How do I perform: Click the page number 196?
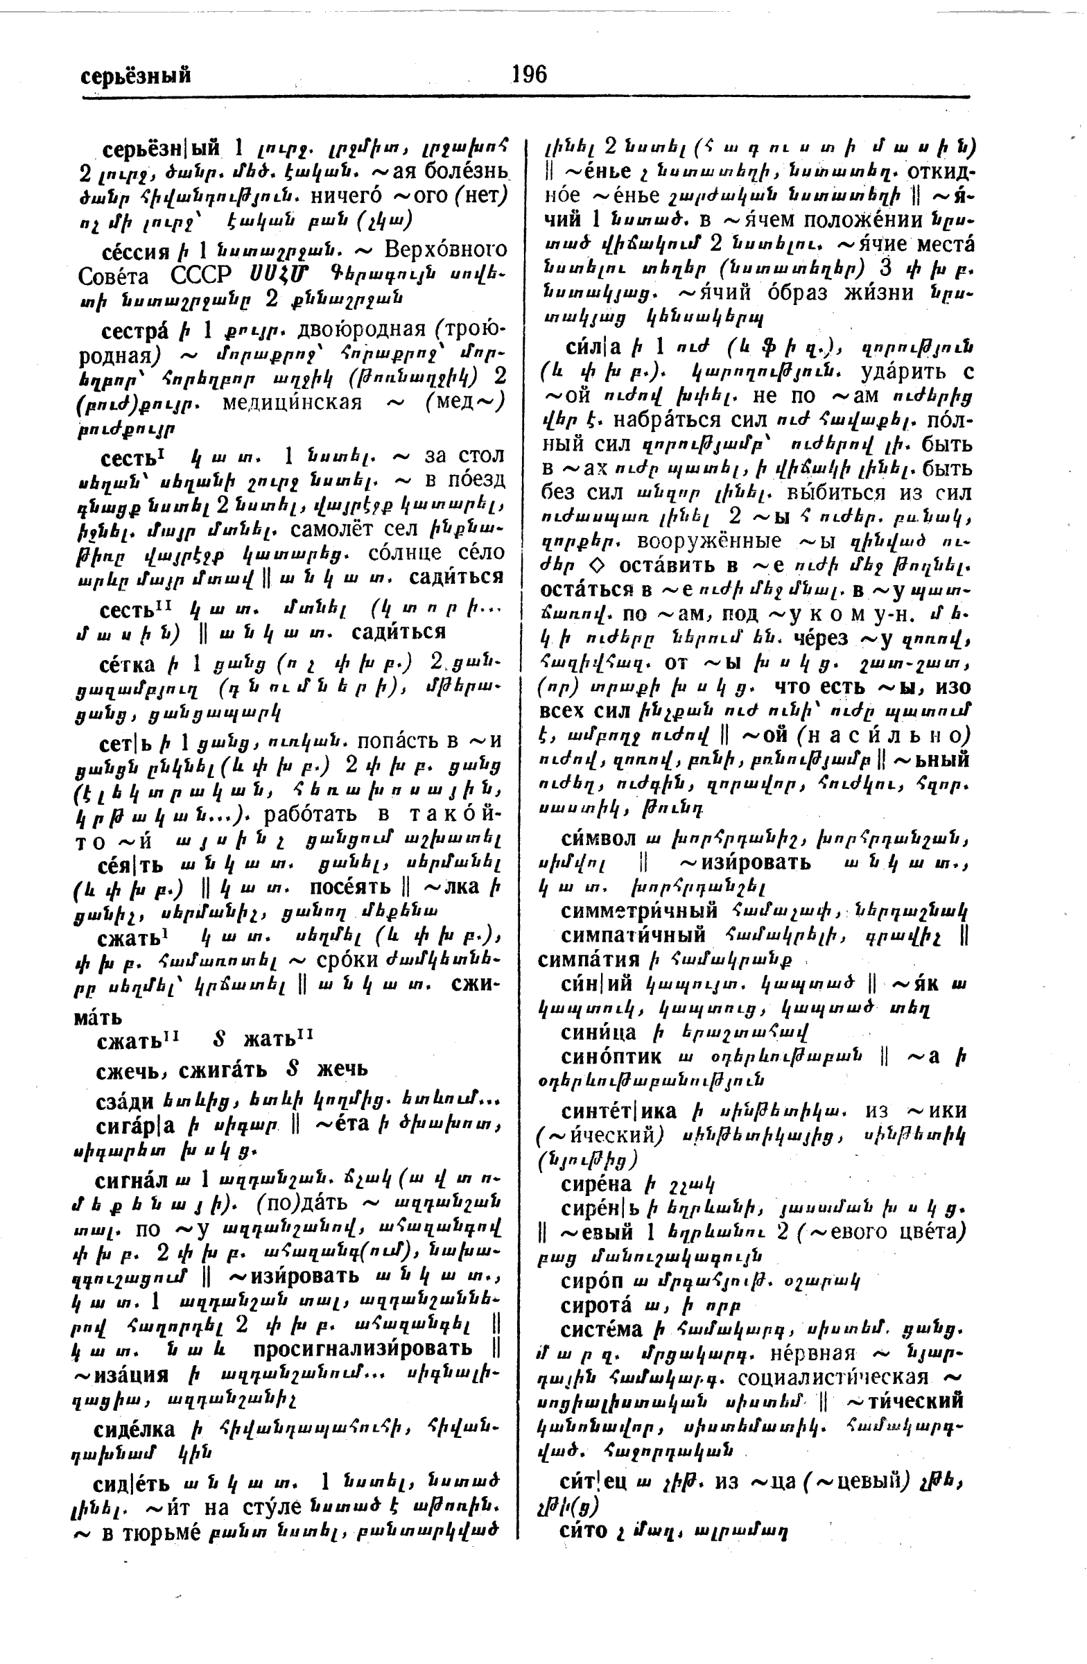(528, 74)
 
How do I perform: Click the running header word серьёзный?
(136, 76)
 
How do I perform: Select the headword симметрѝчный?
(639, 911)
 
